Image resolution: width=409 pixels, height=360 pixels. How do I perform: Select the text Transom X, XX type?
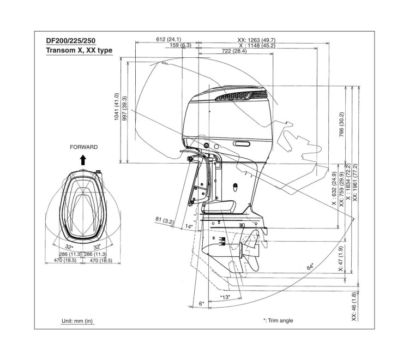79,51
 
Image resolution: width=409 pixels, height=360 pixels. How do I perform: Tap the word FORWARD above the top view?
83,147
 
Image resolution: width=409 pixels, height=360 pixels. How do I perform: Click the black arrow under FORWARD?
83,159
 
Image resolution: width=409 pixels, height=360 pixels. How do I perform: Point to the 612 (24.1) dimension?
167,39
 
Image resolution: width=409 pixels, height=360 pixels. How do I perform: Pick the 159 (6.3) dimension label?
181,45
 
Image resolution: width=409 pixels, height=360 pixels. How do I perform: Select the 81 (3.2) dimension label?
164,220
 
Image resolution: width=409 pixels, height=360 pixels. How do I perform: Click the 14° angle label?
189,225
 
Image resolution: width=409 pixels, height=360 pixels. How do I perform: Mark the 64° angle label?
310,267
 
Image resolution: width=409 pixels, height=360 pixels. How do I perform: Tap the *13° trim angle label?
225,297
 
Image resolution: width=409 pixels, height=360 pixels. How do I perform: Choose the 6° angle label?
201,303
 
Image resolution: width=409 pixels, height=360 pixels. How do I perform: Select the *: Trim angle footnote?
278,320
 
